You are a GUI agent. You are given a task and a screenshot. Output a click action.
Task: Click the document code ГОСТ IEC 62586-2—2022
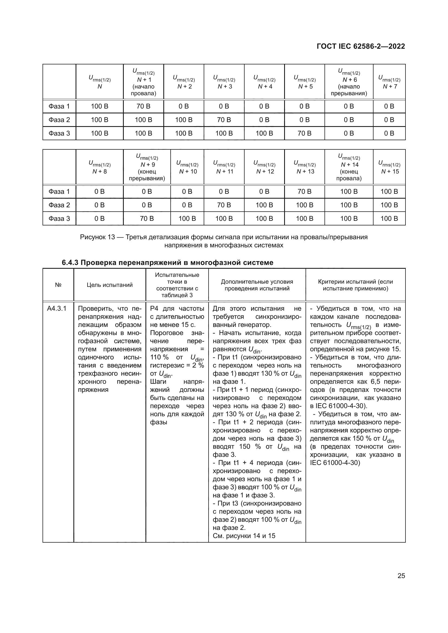click(x=361, y=46)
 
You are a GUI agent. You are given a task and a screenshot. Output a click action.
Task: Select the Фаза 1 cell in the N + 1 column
click(x=143, y=106)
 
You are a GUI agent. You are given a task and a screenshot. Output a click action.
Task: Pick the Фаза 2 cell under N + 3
click(x=224, y=120)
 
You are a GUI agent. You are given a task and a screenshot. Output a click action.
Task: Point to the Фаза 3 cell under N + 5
click(x=304, y=133)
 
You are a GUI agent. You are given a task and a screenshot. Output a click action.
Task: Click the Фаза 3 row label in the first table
click(x=59, y=133)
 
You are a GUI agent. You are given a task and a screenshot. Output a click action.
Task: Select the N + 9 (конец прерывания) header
click(x=147, y=167)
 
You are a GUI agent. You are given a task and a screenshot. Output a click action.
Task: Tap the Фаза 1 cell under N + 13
click(x=304, y=192)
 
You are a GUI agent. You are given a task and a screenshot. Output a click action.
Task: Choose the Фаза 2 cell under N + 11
click(x=224, y=205)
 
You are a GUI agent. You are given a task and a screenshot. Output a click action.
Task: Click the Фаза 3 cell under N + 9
click(x=147, y=219)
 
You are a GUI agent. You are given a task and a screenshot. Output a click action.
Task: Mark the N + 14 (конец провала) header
click(x=349, y=167)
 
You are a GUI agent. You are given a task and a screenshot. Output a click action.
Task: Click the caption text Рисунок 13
click(x=98, y=237)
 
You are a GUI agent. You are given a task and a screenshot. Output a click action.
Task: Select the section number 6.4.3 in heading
click(x=70, y=263)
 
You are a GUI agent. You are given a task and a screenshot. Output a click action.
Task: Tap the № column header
click(x=58, y=285)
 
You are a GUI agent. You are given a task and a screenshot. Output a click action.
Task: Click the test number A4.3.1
click(x=57, y=309)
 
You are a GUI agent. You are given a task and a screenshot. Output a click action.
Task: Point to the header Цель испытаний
click(x=109, y=285)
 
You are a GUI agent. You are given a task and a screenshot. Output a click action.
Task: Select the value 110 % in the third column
click(x=159, y=357)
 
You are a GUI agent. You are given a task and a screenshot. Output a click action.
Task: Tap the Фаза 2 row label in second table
click(x=59, y=205)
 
